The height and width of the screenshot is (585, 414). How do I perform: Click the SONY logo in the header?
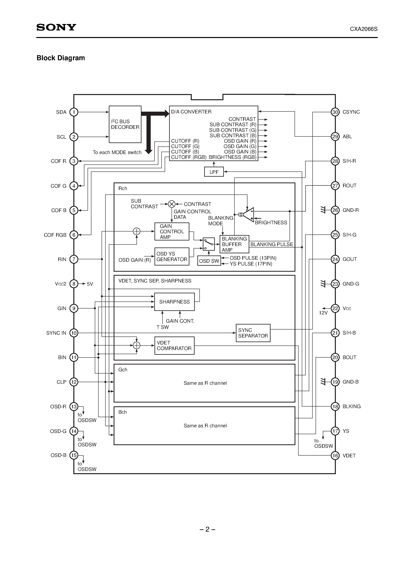click(x=56, y=27)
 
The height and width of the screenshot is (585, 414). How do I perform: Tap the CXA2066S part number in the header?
click(x=364, y=29)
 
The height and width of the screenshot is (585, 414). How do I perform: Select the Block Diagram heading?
click(x=61, y=58)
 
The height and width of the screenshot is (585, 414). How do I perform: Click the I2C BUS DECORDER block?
click(x=125, y=124)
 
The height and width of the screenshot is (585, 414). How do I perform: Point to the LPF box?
click(x=214, y=172)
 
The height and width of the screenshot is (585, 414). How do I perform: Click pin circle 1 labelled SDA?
click(x=74, y=112)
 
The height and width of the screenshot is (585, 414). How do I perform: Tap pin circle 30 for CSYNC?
click(x=335, y=112)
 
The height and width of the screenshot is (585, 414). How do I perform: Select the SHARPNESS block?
click(x=174, y=302)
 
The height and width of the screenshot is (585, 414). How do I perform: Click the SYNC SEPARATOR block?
click(x=253, y=333)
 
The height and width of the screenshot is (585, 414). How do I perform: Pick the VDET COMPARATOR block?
click(x=174, y=346)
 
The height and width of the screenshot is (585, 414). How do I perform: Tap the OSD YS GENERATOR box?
click(x=172, y=256)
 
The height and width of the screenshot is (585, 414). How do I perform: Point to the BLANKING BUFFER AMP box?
click(x=234, y=244)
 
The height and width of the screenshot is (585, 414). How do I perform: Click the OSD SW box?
click(x=209, y=261)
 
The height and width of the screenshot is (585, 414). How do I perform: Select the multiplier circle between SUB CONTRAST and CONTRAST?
click(x=172, y=204)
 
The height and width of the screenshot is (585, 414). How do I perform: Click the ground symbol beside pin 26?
click(x=323, y=210)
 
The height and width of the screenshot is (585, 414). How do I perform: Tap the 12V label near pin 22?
click(x=323, y=313)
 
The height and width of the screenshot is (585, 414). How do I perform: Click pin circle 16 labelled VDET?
click(x=335, y=456)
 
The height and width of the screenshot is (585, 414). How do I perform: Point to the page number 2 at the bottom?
click(x=207, y=529)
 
